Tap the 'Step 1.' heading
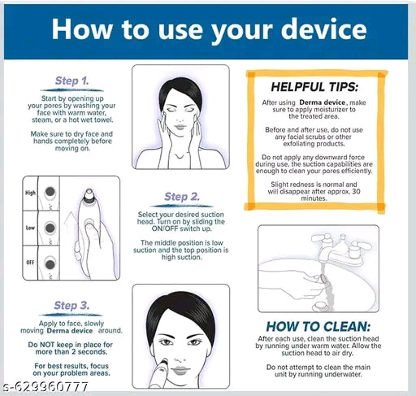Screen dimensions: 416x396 pyautogui.click(x=71, y=81)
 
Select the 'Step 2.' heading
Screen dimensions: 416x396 pyautogui.click(x=182, y=197)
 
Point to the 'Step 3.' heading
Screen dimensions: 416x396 pyautogui.click(x=71, y=306)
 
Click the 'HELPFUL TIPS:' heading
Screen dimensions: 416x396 pyautogui.click(x=314, y=87)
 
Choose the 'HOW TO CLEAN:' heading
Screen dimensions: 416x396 pyautogui.click(x=318, y=327)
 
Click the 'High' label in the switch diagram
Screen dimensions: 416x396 pyautogui.click(x=30, y=193)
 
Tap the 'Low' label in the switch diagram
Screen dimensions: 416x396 pyautogui.click(x=30, y=228)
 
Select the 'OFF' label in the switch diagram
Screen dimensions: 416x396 pyautogui.click(x=30, y=263)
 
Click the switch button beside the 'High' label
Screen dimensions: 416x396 pyautogui.click(x=50, y=192)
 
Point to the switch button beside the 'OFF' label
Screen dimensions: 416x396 pyautogui.click(x=50, y=263)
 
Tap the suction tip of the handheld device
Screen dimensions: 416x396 pyautogui.click(x=89, y=194)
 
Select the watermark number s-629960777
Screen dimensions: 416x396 pyautogui.click(x=45, y=386)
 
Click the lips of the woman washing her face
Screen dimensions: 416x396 pyautogui.click(x=180, y=127)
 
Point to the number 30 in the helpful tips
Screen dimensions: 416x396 pyautogui.click(x=356, y=191)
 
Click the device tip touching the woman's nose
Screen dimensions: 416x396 pyautogui.click(x=164, y=362)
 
